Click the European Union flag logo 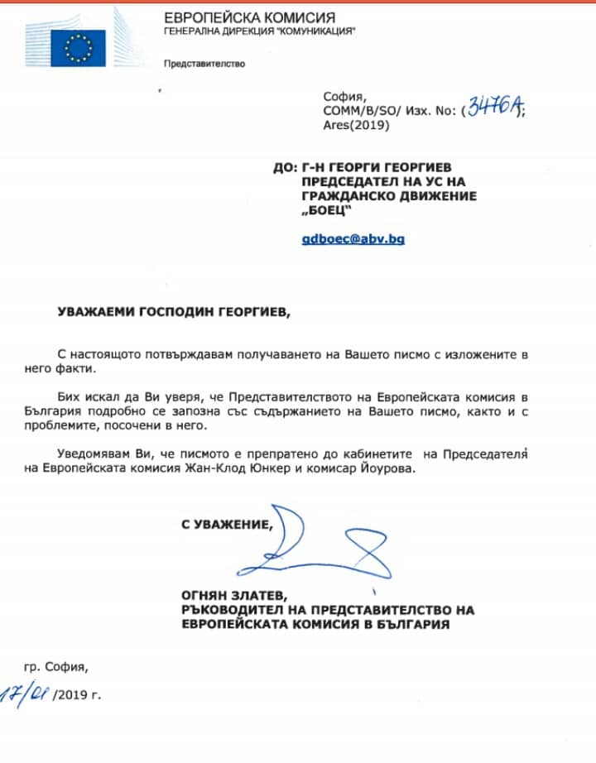[x=79, y=48]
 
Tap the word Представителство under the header [x=204, y=64]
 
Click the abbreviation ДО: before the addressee [x=285, y=166]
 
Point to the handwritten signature [x=327, y=546]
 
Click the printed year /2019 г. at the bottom [x=77, y=694]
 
